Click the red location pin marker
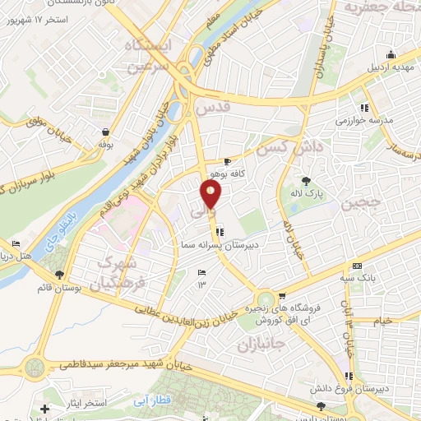[x=211, y=194]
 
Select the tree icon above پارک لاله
[x=307, y=181]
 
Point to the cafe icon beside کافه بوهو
[x=228, y=162]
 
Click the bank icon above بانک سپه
[x=356, y=266]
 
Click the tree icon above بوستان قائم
[x=57, y=274]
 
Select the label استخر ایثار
[x=78, y=406]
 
